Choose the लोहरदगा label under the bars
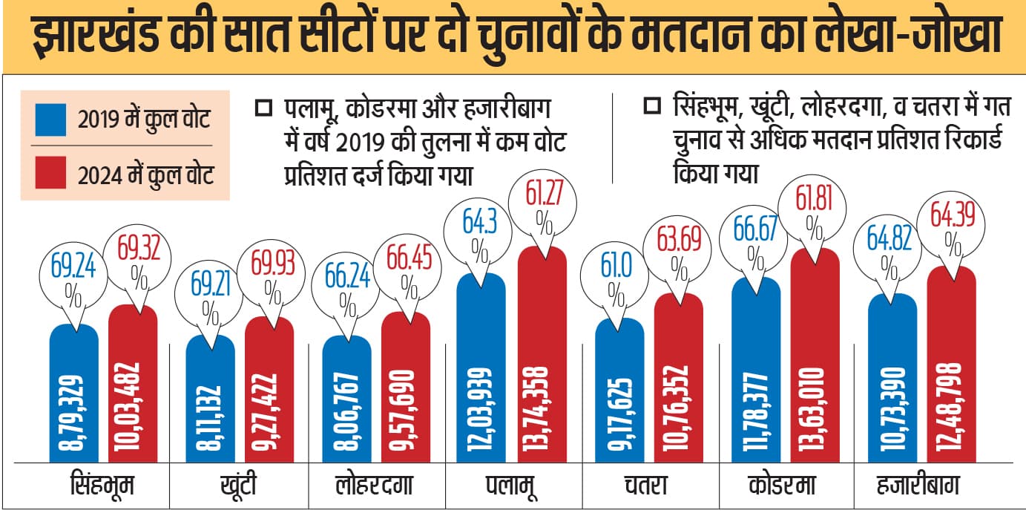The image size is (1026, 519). (369, 486)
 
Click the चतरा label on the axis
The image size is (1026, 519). (642, 486)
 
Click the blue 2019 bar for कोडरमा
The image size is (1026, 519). (755, 371)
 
